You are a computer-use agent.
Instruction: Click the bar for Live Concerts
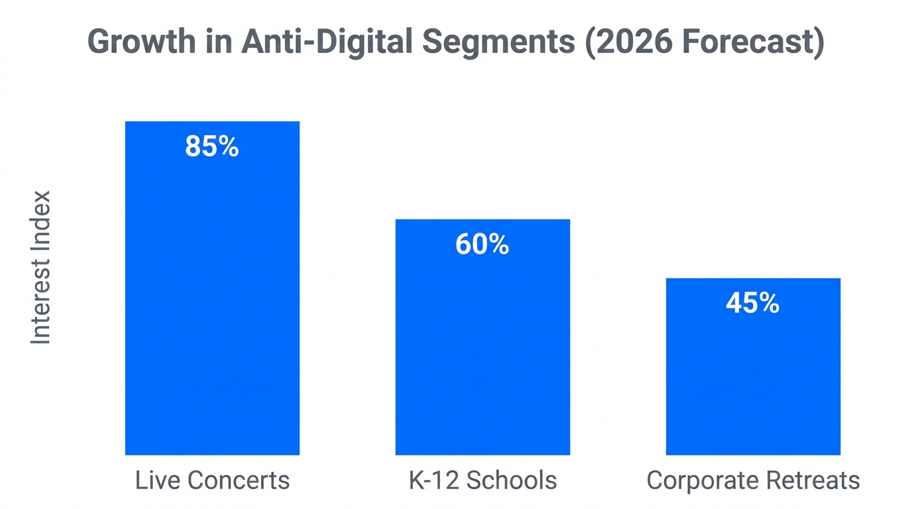click(x=212, y=298)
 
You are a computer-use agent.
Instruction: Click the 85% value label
click(x=212, y=146)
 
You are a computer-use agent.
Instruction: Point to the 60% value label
click(x=483, y=245)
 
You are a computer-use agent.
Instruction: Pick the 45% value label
click(x=753, y=304)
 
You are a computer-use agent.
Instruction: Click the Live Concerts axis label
click(x=212, y=481)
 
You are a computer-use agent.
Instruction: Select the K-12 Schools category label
click(x=483, y=481)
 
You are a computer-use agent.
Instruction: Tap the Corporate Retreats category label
click(x=753, y=481)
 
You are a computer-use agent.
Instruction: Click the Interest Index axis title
click(x=41, y=267)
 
